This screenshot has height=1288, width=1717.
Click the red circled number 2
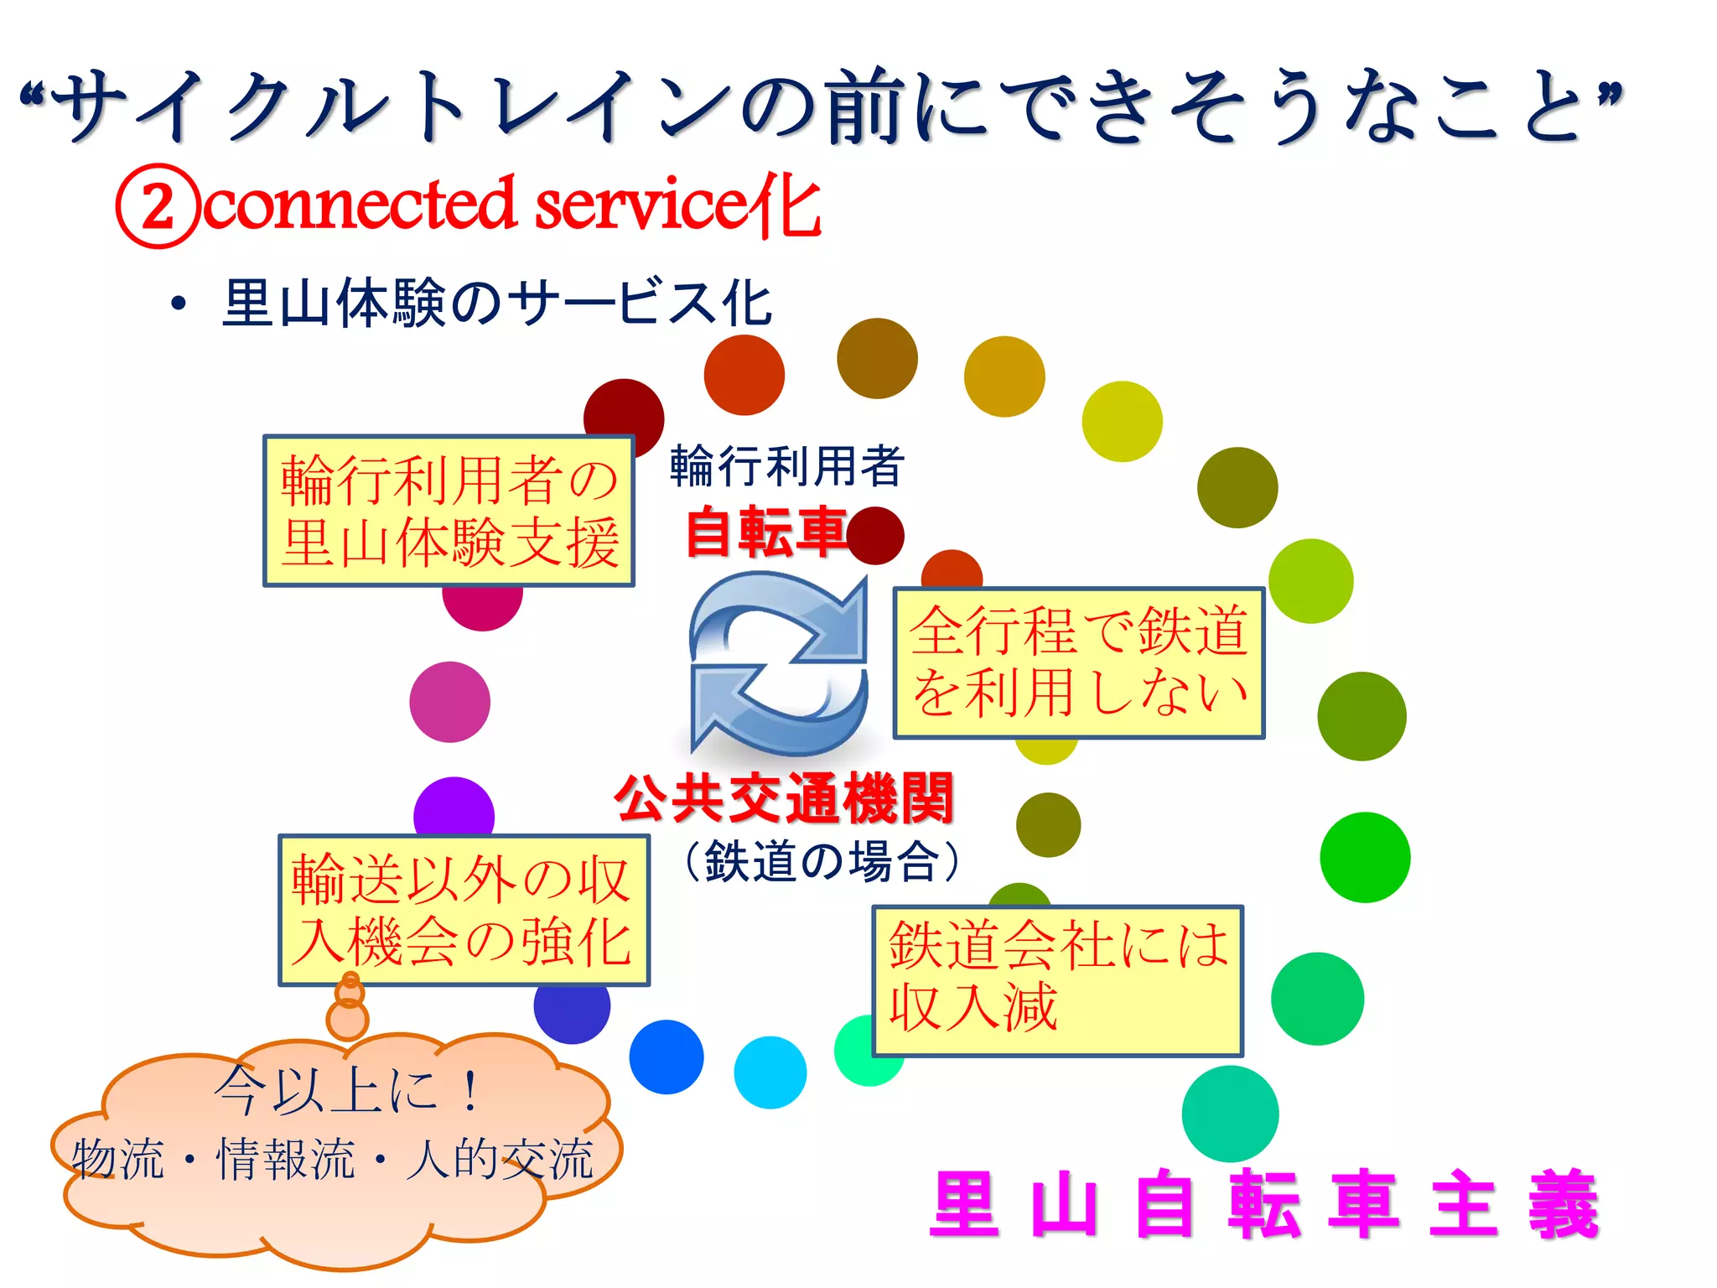(x=158, y=206)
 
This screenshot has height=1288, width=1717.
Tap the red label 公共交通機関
(x=785, y=797)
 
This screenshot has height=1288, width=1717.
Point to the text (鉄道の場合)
(x=822, y=861)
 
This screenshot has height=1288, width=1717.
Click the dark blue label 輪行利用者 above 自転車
(x=786, y=466)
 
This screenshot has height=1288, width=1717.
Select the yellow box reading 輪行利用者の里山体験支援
(x=449, y=511)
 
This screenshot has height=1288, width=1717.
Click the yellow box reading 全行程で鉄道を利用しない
(x=1078, y=662)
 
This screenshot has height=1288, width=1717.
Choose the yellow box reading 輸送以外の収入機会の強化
(x=464, y=910)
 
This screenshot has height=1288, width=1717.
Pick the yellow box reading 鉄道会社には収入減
(x=1057, y=980)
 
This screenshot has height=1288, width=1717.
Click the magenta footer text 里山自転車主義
(x=1264, y=1204)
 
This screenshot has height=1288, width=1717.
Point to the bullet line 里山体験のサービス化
(x=496, y=303)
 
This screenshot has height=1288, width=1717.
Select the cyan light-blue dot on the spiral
(x=770, y=1072)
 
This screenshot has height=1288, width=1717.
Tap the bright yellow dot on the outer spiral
(x=1122, y=422)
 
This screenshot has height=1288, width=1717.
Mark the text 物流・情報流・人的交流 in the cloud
(x=333, y=1160)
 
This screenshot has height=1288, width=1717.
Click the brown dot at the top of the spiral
(x=877, y=359)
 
